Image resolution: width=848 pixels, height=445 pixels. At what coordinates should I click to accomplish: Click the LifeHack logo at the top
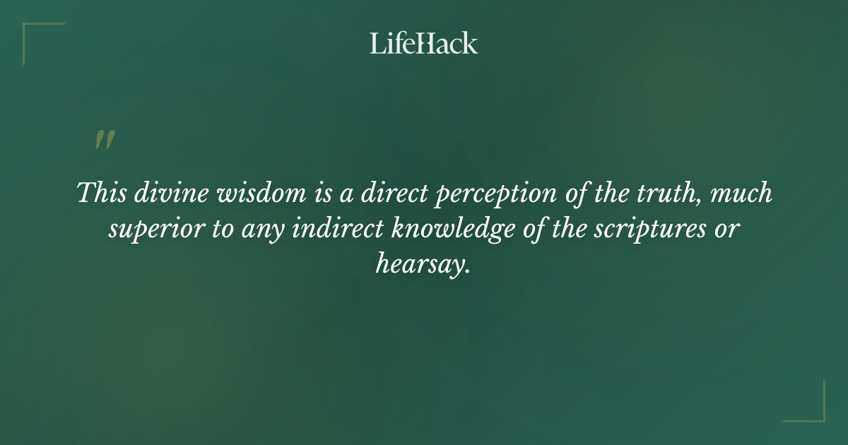424,44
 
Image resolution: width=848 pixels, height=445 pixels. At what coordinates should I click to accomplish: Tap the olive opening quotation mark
105,140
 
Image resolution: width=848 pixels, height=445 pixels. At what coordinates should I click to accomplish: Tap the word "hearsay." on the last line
423,266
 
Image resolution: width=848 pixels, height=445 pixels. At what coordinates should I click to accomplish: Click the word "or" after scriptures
726,230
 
